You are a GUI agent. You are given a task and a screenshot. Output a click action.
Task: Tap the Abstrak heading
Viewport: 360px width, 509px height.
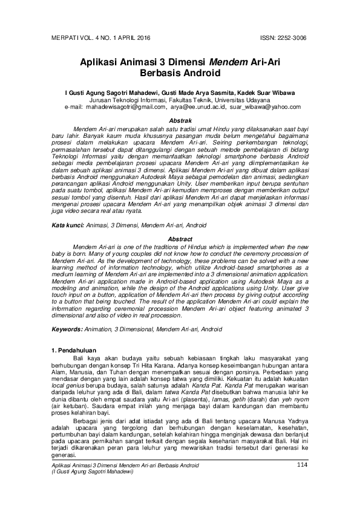point(180,122)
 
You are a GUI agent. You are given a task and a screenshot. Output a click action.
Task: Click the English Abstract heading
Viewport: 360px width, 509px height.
point(180,239)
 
